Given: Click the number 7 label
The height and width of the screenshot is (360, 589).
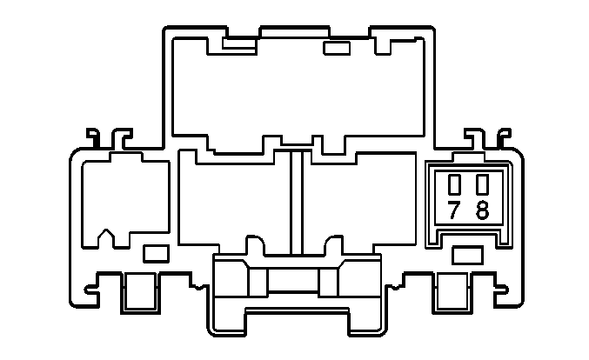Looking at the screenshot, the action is point(454,210).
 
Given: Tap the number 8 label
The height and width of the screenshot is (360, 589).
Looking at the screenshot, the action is point(482,210).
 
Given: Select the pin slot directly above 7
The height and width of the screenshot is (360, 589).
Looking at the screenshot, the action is point(454,184).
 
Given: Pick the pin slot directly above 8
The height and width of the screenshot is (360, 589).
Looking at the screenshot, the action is point(482,184).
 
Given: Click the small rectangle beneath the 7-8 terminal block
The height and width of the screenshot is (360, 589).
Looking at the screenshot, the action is point(467,256).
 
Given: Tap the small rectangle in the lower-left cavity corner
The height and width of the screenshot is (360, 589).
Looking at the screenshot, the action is point(156,253).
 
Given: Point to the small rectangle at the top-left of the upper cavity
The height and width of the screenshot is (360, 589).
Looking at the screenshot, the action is point(239,43).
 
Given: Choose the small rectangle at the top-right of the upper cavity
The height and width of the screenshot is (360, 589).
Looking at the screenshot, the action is point(337,48).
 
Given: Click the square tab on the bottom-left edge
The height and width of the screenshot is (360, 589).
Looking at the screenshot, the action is point(140,292).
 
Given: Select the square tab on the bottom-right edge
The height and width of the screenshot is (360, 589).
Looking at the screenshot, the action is point(452,292).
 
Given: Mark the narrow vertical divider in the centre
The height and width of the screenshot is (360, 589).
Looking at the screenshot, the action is point(297,203).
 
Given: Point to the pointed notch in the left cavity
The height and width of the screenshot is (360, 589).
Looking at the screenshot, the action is point(106,234).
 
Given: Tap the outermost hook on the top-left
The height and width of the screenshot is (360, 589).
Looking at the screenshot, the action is point(93,137).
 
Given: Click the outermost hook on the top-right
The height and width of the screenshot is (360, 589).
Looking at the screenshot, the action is point(504,137).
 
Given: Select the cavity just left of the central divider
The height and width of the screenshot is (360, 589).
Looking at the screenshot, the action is point(235,203).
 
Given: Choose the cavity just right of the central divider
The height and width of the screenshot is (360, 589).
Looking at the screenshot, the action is point(358,203).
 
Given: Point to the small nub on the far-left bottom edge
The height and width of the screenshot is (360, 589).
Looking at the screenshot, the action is point(90,290).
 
